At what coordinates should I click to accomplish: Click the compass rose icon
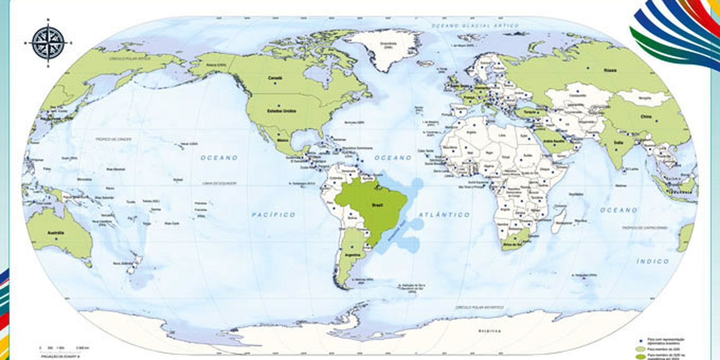tap(48, 43)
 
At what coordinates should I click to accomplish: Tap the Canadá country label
tap(275, 78)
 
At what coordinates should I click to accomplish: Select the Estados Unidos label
tap(281, 110)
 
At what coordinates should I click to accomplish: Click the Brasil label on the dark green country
tap(377, 205)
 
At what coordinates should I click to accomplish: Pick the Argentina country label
tap(352, 255)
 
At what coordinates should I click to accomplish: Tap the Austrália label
tap(56, 233)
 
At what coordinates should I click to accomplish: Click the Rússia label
tap(610, 71)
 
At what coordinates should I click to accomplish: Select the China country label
tap(646, 117)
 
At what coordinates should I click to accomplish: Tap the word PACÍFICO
tap(274, 215)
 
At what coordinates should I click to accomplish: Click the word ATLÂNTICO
tap(444, 215)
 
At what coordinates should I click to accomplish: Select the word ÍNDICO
tap(652, 261)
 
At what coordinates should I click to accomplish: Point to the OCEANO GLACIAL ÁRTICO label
tap(475, 26)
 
